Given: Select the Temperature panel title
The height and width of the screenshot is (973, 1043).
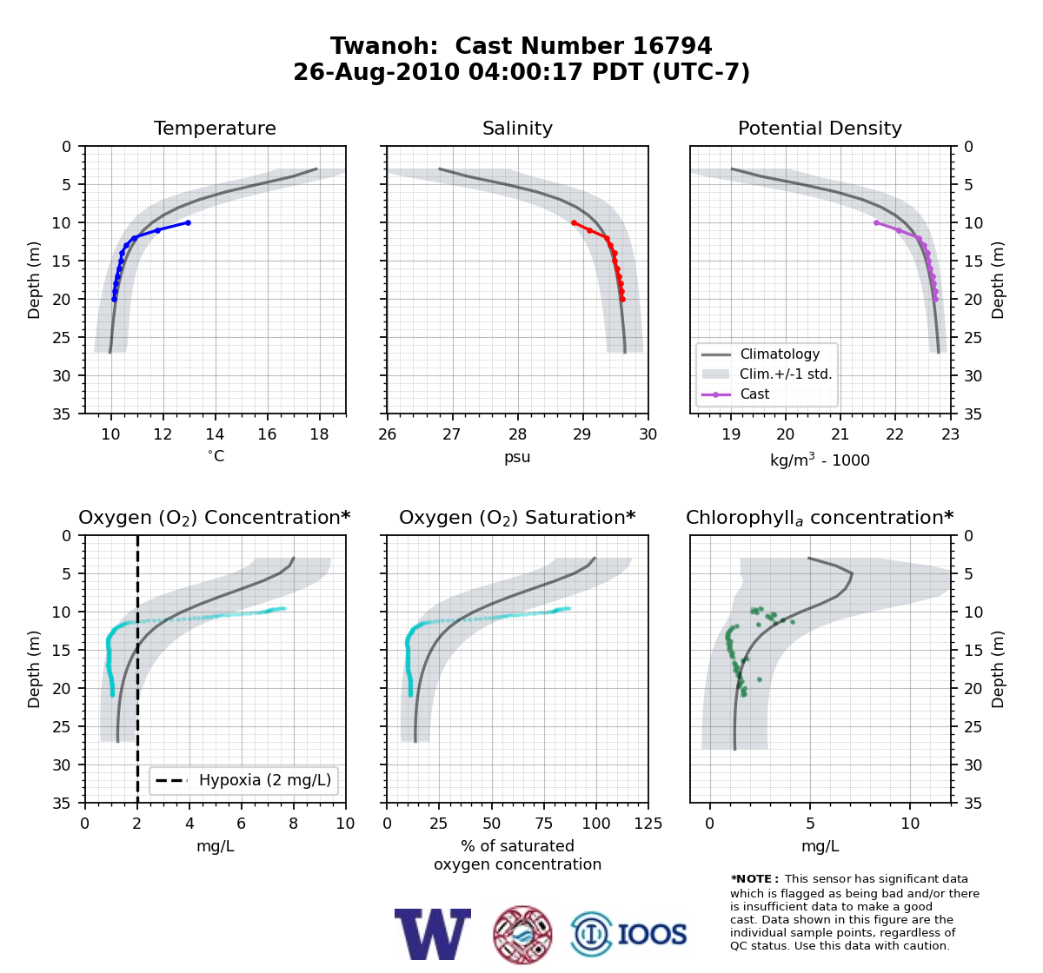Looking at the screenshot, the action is (x=215, y=128).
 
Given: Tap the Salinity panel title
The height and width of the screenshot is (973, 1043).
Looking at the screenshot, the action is (x=517, y=128).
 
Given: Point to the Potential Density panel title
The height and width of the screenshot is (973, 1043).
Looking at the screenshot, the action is (x=820, y=128).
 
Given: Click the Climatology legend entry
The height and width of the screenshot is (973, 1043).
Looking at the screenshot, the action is (x=761, y=354).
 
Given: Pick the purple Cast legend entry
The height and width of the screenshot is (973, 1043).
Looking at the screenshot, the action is (x=735, y=394).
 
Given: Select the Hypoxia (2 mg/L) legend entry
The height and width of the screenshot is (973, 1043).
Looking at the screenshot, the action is (x=243, y=780).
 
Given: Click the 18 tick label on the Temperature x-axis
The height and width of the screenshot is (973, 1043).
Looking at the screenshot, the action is (x=319, y=434).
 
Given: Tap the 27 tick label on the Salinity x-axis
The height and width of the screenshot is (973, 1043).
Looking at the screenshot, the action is (x=452, y=434).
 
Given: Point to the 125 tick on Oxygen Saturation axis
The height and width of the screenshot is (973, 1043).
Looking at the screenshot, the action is (x=648, y=824).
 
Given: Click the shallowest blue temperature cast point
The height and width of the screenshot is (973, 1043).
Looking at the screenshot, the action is (x=188, y=222).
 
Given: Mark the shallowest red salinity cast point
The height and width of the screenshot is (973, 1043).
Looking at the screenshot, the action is (x=574, y=222).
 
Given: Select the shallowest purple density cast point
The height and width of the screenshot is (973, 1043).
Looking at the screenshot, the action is (x=876, y=222).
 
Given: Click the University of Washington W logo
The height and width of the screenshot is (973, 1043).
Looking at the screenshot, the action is (x=433, y=934).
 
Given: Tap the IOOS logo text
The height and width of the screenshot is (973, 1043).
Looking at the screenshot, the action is (x=652, y=934).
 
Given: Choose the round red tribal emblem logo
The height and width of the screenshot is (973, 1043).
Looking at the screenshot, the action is (x=522, y=934).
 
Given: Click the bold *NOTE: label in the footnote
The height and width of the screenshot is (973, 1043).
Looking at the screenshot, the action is (x=751, y=879).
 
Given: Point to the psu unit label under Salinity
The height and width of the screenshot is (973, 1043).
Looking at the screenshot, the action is (x=517, y=457).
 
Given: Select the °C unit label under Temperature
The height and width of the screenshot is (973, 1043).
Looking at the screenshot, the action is (x=216, y=456).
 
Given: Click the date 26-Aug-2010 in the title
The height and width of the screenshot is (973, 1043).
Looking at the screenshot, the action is (x=376, y=72).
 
